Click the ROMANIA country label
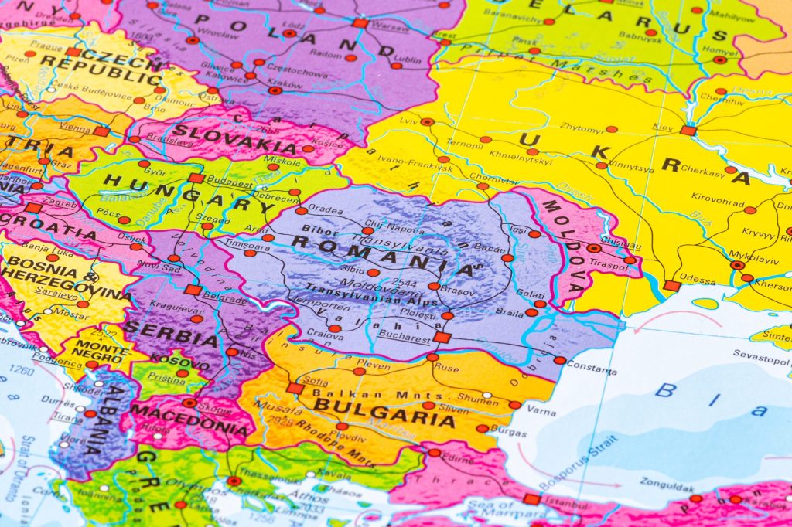(382, 253)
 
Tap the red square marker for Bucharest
(441, 338)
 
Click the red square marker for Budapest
(196, 178)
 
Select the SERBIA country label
(171, 333)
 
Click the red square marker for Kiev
(688, 131)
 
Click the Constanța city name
(592, 362)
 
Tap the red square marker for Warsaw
(360, 23)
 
